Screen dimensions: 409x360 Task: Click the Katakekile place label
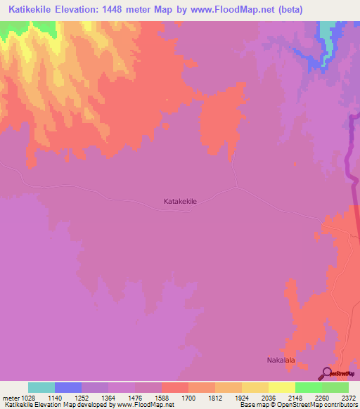180,202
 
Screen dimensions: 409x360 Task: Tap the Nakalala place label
281,361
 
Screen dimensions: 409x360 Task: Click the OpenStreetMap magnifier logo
327,372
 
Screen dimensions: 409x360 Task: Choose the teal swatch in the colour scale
41,387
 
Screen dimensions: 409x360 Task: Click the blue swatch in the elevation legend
68,387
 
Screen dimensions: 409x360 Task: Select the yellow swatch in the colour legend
282,387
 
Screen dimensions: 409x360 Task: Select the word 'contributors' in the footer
341,405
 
